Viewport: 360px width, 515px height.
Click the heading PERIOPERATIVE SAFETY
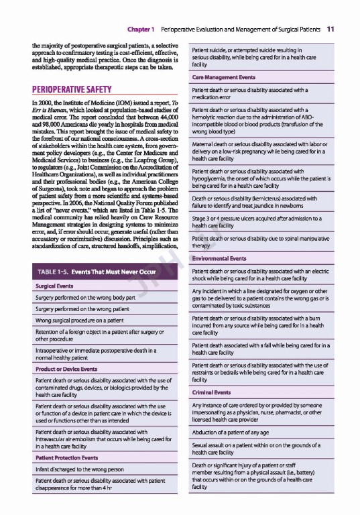(x=72, y=89)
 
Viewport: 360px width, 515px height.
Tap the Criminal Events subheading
(x=212, y=392)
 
